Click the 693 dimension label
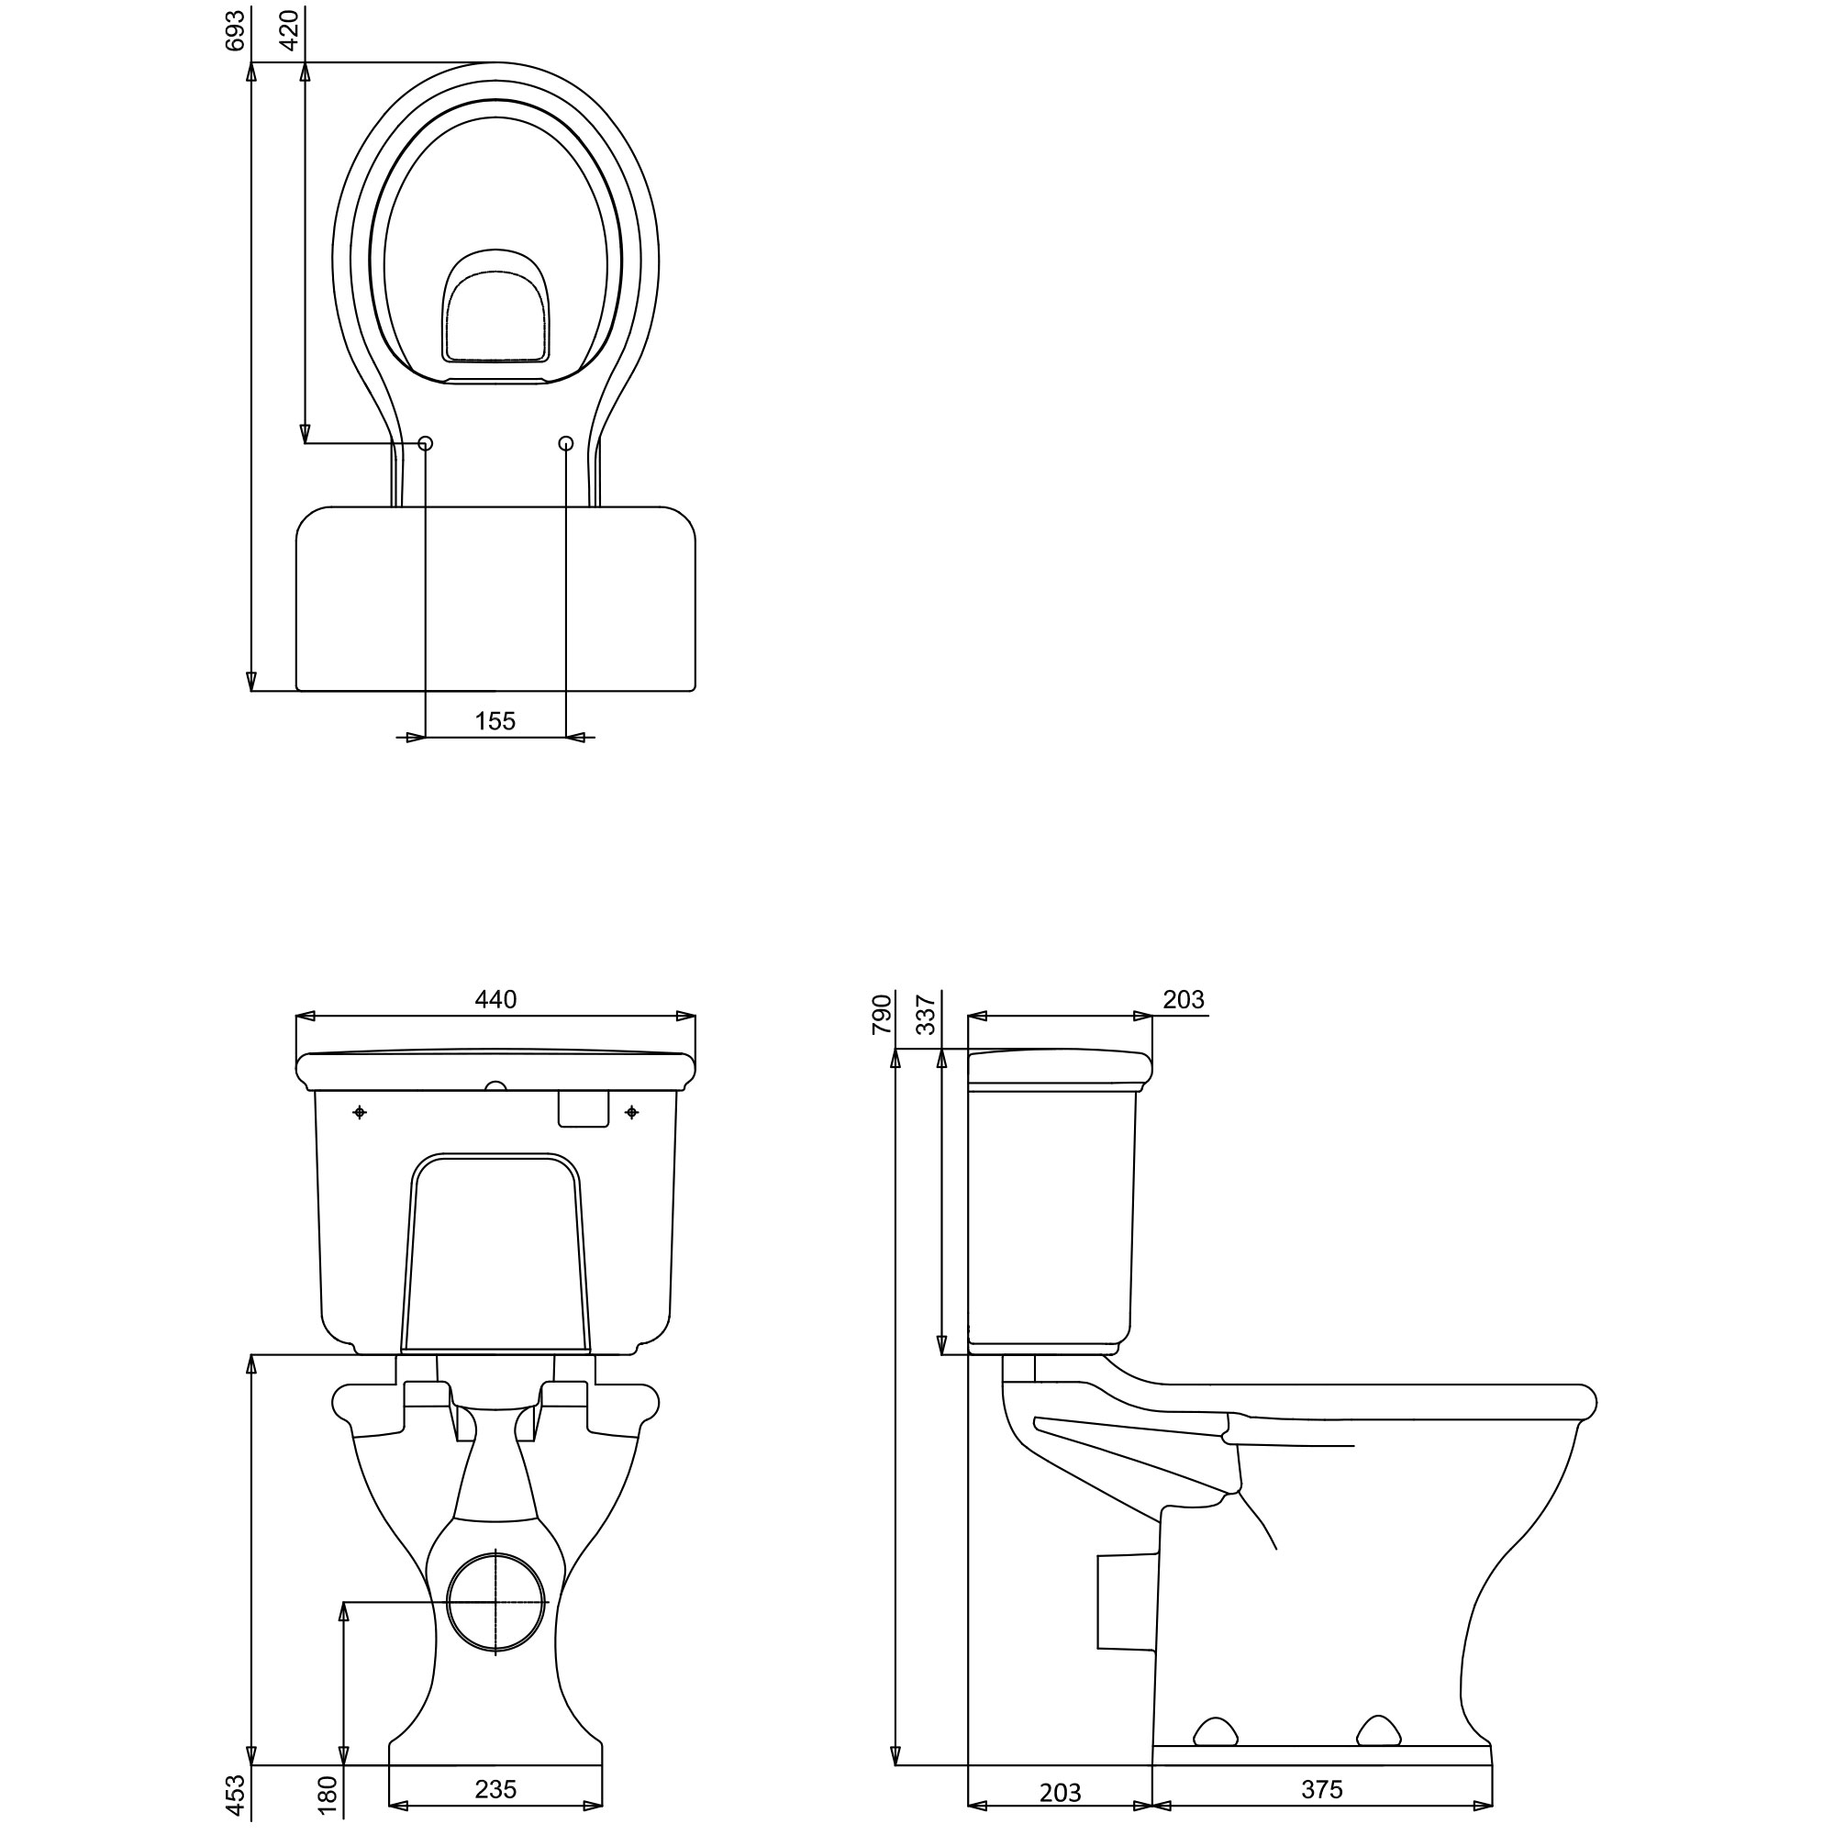pyautogui.click(x=236, y=29)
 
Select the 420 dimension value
pyautogui.click(x=290, y=29)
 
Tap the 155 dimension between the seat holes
pyautogui.click(x=495, y=721)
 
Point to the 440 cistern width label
pyautogui.click(x=495, y=999)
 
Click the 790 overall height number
pyautogui.click(x=883, y=1015)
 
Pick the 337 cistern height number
pyautogui.click(x=926, y=1015)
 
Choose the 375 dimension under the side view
pyautogui.click(x=1322, y=1790)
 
